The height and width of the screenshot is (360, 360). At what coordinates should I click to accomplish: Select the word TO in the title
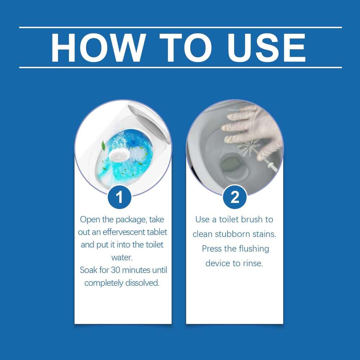[179, 48]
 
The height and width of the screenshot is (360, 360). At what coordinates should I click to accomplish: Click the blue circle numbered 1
[120, 197]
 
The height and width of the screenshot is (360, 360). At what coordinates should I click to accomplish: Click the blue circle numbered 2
[235, 197]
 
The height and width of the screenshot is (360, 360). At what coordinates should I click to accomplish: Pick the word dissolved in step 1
[142, 283]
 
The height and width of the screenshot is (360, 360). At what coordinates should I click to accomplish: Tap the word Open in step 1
[89, 220]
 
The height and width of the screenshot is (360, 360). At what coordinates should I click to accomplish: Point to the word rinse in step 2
[253, 264]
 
